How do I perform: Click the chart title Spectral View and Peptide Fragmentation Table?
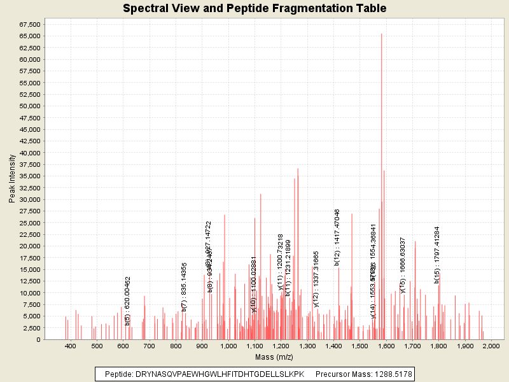point(254,9)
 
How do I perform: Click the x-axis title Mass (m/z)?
point(273,357)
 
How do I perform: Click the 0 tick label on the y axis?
point(39,340)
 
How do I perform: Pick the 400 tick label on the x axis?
point(71,346)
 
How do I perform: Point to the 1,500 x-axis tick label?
point(359,346)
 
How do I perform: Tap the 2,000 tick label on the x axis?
point(491,346)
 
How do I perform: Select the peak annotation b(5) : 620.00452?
point(128,301)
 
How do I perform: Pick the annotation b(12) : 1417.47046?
point(337,237)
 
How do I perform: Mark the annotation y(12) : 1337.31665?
point(316,279)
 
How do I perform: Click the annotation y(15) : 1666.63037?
point(403,265)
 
